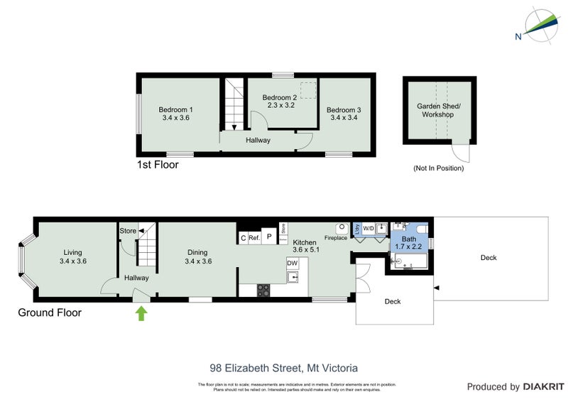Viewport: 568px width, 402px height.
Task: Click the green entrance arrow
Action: [x=141, y=313]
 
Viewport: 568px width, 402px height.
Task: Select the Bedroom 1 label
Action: [x=175, y=109]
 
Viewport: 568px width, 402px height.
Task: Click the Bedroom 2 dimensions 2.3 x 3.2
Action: [x=280, y=105]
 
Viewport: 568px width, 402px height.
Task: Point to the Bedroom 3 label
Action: [x=344, y=109]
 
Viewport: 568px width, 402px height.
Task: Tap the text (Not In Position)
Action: [x=438, y=168]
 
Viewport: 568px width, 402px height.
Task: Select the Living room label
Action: [x=72, y=252]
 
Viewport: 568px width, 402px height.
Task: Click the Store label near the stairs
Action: [x=128, y=231]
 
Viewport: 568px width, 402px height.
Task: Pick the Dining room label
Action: [x=197, y=251]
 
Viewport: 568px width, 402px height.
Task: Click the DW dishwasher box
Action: [x=292, y=264]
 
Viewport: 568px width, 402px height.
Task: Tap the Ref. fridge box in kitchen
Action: [x=254, y=239]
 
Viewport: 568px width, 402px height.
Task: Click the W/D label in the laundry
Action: [x=368, y=229]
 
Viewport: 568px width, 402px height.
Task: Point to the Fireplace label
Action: [x=336, y=238]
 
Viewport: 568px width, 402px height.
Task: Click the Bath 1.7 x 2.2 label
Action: [x=408, y=243]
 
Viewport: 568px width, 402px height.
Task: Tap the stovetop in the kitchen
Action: [x=263, y=290]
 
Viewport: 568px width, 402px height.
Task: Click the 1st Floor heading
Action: [x=157, y=165]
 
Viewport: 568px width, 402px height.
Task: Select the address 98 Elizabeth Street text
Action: [x=283, y=368]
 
